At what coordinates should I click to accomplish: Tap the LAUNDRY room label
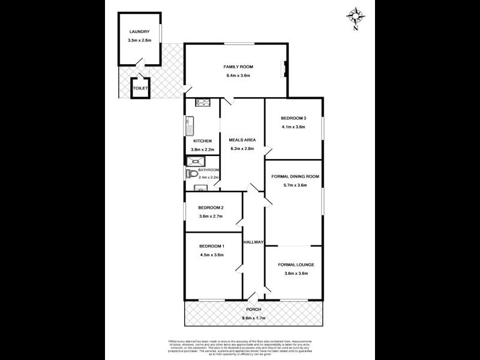point(139,32)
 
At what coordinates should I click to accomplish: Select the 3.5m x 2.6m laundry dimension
point(139,40)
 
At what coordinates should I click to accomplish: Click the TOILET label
point(140,89)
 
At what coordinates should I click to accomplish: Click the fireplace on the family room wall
point(285,69)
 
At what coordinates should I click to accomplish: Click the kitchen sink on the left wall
point(188,127)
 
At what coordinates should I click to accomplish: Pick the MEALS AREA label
point(242,140)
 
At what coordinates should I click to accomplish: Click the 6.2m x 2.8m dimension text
point(242,149)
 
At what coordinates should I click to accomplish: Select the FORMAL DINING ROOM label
point(294,176)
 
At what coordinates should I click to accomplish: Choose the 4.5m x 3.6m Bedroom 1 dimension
point(211,255)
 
